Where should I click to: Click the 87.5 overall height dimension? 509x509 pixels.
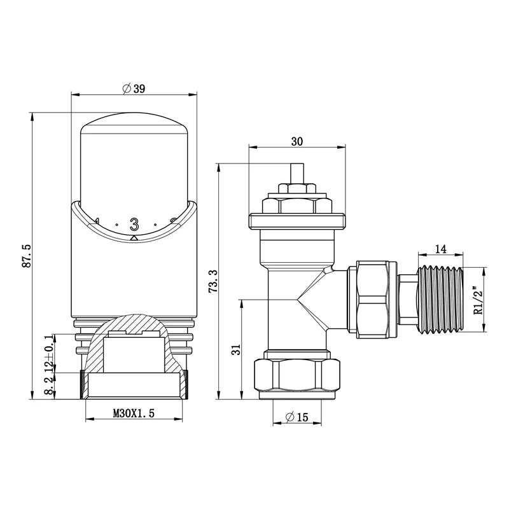(x=26, y=254)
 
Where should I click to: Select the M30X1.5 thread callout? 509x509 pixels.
(x=134, y=413)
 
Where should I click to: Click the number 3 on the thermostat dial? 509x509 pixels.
(x=134, y=224)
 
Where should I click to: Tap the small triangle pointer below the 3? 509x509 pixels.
(x=134, y=237)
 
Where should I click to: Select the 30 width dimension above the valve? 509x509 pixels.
(x=296, y=143)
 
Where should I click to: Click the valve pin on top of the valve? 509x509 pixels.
(x=296, y=173)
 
